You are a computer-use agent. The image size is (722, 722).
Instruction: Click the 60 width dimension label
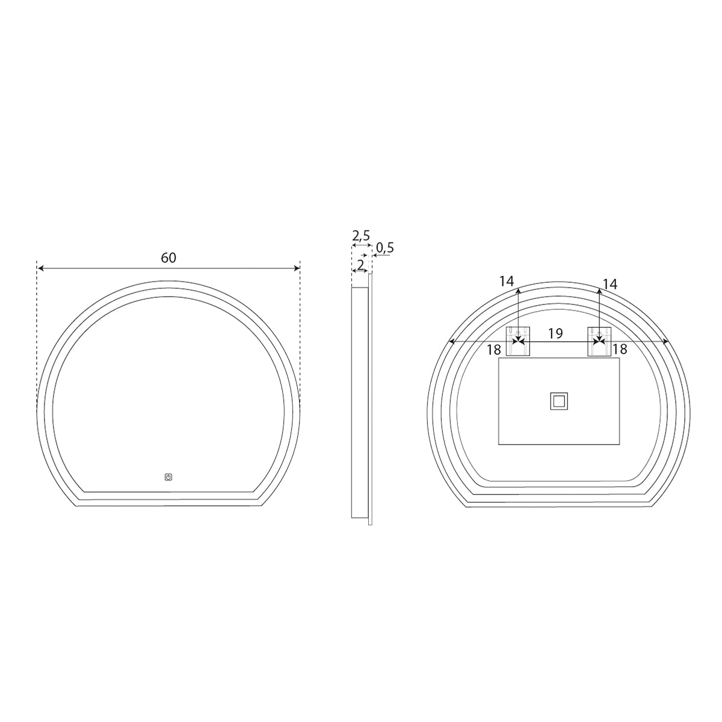(x=168, y=258)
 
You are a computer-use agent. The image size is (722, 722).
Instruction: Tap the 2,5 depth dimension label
(x=361, y=236)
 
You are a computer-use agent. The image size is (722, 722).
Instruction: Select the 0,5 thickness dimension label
(x=385, y=248)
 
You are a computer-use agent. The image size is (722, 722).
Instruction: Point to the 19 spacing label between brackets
(x=556, y=333)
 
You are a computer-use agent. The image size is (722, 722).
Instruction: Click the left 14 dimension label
(x=507, y=281)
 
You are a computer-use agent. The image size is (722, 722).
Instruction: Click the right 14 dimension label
(x=609, y=285)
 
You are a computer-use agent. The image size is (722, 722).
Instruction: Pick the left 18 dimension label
(x=494, y=350)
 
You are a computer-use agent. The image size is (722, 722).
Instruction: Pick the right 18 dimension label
(x=620, y=349)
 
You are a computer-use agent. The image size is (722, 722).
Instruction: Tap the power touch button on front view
(x=168, y=477)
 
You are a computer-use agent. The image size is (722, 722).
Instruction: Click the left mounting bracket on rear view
(x=518, y=341)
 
